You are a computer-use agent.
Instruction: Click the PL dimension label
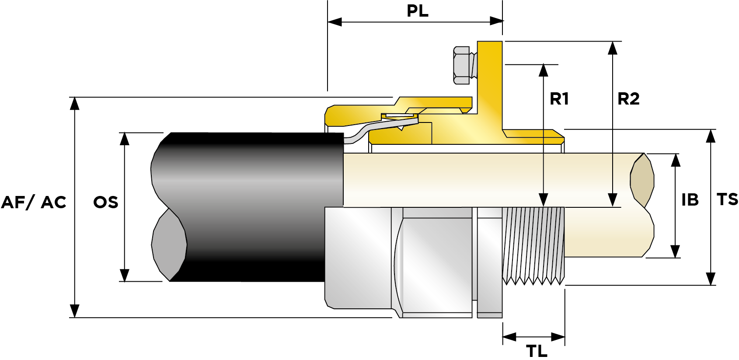point(418,10)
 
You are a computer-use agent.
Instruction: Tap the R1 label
point(559,99)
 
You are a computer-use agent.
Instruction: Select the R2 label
point(628,99)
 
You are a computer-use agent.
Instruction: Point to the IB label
point(690,200)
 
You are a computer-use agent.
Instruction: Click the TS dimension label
point(728,199)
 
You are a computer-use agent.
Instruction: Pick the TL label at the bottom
point(537,351)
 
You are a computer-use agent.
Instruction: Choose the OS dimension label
point(106,202)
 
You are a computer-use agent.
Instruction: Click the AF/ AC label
point(34,202)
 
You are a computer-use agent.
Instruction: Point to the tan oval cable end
point(642,180)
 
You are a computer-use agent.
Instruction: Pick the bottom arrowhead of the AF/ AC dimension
point(75,310)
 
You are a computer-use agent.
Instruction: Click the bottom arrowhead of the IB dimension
point(675,251)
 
